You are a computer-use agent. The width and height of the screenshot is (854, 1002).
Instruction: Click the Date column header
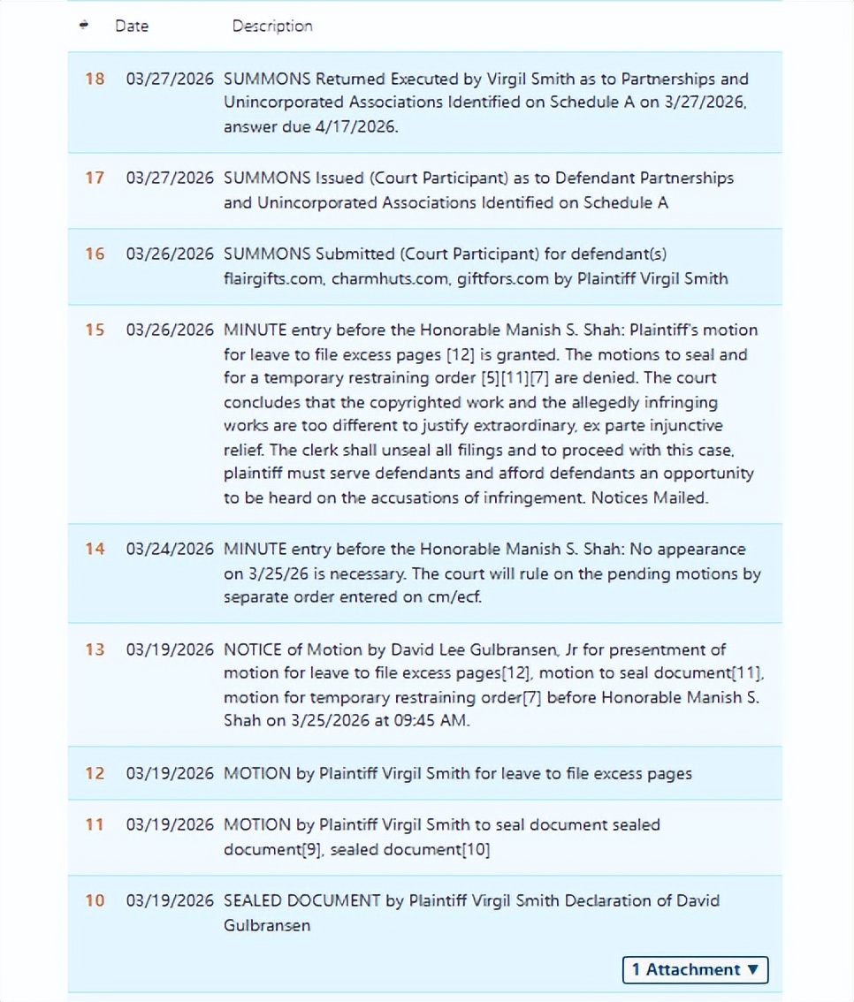coord(132,26)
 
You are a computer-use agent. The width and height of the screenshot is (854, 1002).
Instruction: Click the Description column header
coord(272,26)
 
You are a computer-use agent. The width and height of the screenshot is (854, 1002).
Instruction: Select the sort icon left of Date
coord(84,26)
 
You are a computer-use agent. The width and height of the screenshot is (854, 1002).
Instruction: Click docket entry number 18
coord(95,79)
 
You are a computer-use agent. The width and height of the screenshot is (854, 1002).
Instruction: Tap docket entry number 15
coord(95,330)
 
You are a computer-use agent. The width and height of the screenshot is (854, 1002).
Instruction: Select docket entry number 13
coord(95,649)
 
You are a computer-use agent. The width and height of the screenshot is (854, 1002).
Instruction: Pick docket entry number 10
coord(95,900)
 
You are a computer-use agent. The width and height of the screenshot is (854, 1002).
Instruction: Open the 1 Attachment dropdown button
coord(695,969)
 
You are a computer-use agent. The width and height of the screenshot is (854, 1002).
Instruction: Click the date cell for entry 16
coord(170,254)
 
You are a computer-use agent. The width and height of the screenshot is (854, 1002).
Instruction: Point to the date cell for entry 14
coord(170,549)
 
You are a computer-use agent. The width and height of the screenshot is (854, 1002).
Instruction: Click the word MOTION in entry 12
coord(257,773)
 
